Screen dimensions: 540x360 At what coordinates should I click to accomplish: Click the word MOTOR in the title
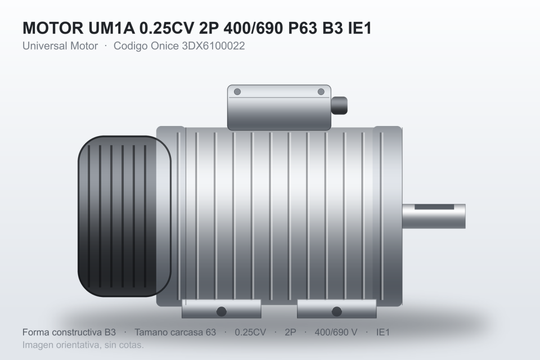[53, 28]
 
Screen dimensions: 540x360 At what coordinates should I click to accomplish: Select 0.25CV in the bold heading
[166, 28]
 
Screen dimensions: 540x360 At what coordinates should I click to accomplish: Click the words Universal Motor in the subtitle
[60, 46]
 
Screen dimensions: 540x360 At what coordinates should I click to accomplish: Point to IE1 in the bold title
[360, 28]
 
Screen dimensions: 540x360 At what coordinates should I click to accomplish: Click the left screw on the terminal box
[237, 92]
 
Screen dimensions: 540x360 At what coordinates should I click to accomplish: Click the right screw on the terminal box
[321, 92]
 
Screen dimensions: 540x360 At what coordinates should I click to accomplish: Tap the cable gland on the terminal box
[339, 105]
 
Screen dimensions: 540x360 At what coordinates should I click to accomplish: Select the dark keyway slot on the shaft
[434, 207]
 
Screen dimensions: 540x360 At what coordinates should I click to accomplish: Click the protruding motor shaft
[434, 216]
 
